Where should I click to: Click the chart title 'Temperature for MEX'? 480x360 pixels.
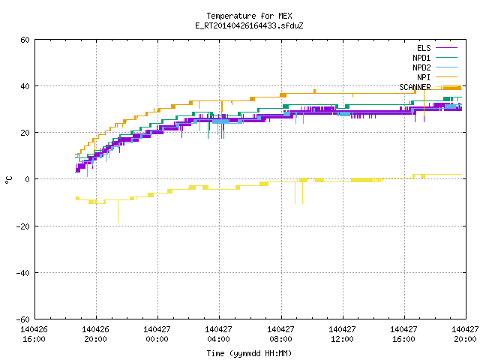pos(249,16)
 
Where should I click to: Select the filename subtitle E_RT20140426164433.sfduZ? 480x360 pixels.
pos(249,25)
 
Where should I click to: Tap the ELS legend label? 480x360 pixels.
pos(424,48)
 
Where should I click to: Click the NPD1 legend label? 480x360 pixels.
pos(421,58)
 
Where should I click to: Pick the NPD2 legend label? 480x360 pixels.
pos(421,67)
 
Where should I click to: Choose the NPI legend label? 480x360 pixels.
pos(424,77)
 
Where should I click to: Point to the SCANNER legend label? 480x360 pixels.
pos(415,87)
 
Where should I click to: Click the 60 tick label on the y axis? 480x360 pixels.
pos(25,40)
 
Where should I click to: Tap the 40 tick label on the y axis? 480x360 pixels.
pos(25,86)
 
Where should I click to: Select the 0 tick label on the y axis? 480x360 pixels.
pos(27,179)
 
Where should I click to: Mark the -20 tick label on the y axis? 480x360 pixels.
pos(23,226)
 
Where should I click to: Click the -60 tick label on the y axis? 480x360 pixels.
pos(23,319)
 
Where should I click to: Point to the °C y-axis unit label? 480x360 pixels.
pos(8,180)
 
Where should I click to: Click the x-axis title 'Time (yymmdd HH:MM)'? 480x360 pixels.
pos(249,353)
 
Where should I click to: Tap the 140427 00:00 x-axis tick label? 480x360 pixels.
pos(157,334)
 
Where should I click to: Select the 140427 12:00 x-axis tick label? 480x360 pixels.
pos(342,334)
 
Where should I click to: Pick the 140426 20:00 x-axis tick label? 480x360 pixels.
pos(95,334)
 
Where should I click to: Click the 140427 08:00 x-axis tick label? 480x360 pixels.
pos(280,334)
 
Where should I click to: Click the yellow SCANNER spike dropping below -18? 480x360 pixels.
pos(118,211)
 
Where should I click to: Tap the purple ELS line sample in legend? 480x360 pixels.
pos(446,48)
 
